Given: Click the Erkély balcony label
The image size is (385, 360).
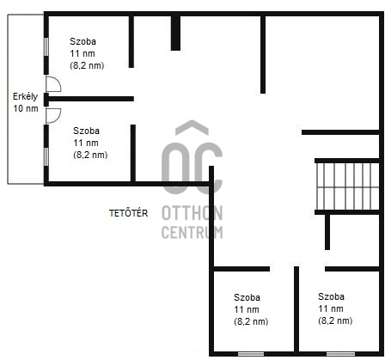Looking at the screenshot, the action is (x=25, y=97).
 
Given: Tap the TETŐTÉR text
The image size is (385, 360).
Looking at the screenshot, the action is (x=128, y=213).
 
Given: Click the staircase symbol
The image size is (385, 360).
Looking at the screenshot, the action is (x=347, y=186).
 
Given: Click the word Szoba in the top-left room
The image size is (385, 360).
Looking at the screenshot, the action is (x=82, y=41).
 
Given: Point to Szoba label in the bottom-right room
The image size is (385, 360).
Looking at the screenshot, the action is (x=331, y=296).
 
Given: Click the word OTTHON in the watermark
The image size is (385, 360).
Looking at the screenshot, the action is (x=192, y=213).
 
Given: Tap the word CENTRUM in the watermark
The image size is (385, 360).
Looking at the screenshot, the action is (x=192, y=232).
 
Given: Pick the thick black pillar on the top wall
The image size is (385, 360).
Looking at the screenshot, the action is (x=175, y=33).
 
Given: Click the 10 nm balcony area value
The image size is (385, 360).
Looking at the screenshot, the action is (x=26, y=109).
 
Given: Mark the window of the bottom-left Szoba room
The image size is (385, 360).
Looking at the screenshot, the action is (x=251, y=354).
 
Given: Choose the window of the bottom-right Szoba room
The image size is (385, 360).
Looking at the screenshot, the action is (x=340, y=354).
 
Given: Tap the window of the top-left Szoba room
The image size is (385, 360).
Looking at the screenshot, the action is (x=46, y=46).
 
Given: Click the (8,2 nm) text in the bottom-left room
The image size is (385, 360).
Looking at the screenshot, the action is (x=251, y=321).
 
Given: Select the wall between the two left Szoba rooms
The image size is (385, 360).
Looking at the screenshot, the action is (x=91, y=99).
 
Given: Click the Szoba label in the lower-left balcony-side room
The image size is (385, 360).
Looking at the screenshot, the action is (x=86, y=131).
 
